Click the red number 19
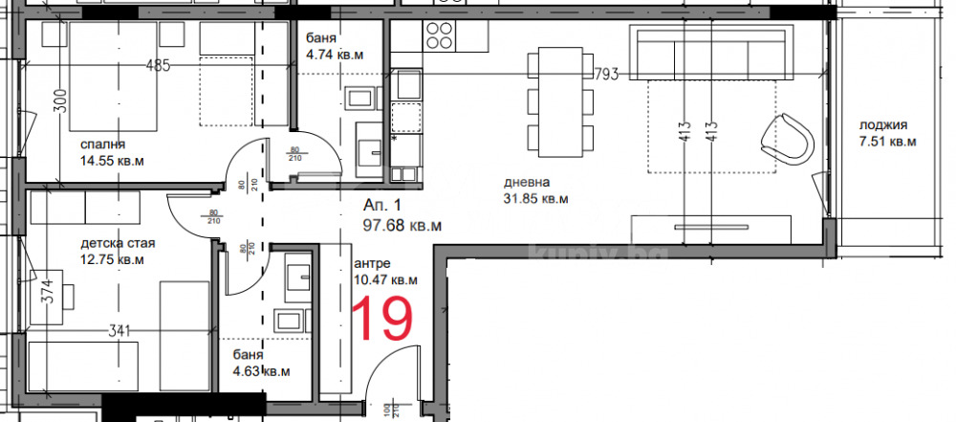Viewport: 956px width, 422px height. tap(384, 319)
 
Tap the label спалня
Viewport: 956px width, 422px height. tap(105, 144)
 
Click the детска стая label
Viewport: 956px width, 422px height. tap(118, 243)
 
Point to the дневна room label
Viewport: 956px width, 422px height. tap(527, 183)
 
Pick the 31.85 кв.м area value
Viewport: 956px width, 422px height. tap(535, 199)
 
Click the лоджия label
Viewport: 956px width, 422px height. tap(882, 125)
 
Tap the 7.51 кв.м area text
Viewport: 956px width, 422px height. tap(887, 142)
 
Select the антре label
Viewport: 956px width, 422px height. tap(372, 264)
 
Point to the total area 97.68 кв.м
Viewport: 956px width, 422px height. tap(402, 226)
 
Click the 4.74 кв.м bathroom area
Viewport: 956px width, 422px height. tap(335, 55)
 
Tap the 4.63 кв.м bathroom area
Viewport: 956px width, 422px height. tap(261, 371)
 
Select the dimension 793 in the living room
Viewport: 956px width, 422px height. tap(766, 73)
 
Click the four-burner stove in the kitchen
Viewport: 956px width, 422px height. tap(440, 35)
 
